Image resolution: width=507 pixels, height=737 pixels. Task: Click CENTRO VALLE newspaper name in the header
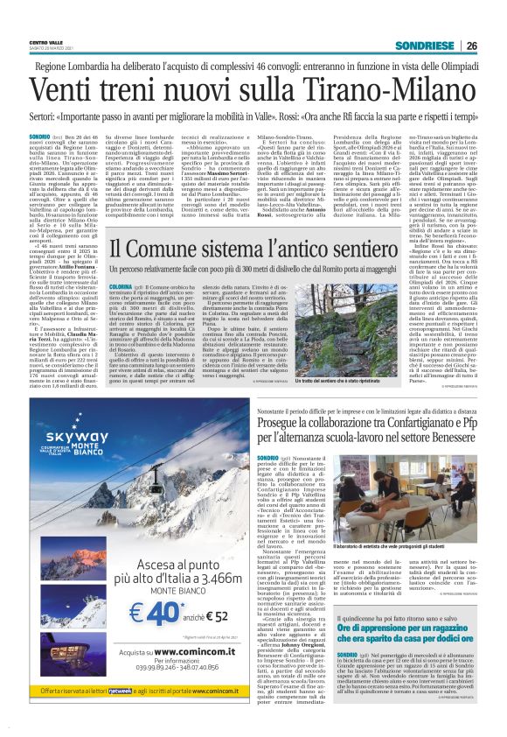pos(45,40)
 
